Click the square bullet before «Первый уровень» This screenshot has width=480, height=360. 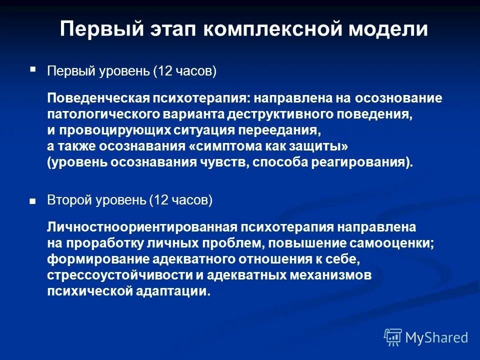[33, 69]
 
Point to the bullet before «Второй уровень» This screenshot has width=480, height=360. [33, 201]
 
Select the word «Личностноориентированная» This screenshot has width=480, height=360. [141, 227]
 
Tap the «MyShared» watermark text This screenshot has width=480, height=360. [436, 338]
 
